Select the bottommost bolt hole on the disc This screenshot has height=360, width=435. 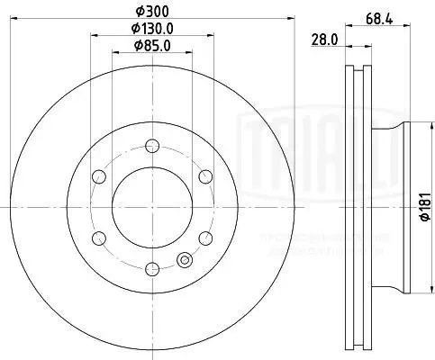(150, 267)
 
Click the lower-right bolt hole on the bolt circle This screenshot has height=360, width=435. (204, 237)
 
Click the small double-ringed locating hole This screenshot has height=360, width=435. (186, 260)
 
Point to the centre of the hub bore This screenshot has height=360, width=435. (150, 206)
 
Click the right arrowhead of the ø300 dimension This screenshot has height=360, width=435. (294, 20)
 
